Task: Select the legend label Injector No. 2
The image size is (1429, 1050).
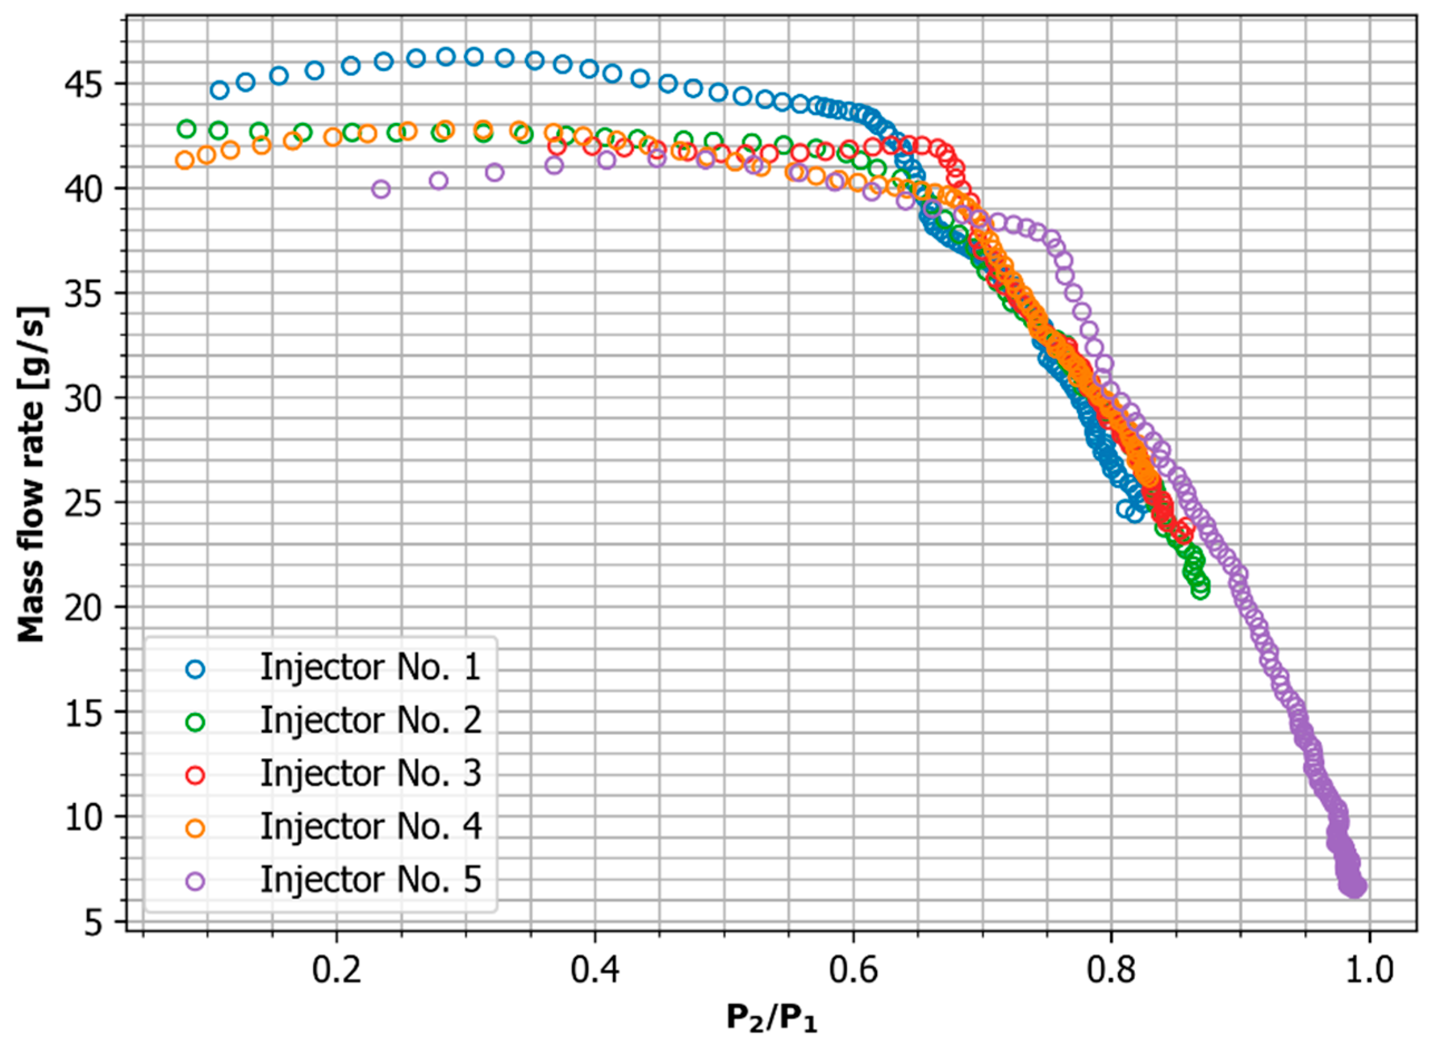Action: pyautogui.click(x=370, y=721)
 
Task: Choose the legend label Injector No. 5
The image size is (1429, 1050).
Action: pyautogui.click(x=370, y=881)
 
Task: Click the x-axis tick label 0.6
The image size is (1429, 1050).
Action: pyautogui.click(x=853, y=970)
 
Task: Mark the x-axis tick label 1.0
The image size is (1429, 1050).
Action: pyautogui.click(x=1369, y=970)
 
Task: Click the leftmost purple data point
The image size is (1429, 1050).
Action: pyautogui.click(x=381, y=189)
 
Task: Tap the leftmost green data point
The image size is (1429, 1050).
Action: pyautogui.click(x=186, y=128)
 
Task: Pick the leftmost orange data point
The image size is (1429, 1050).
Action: pyautogui.click(x=184, y=160)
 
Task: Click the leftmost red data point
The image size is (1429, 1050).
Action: pyautogui.click(x=557, y=146)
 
